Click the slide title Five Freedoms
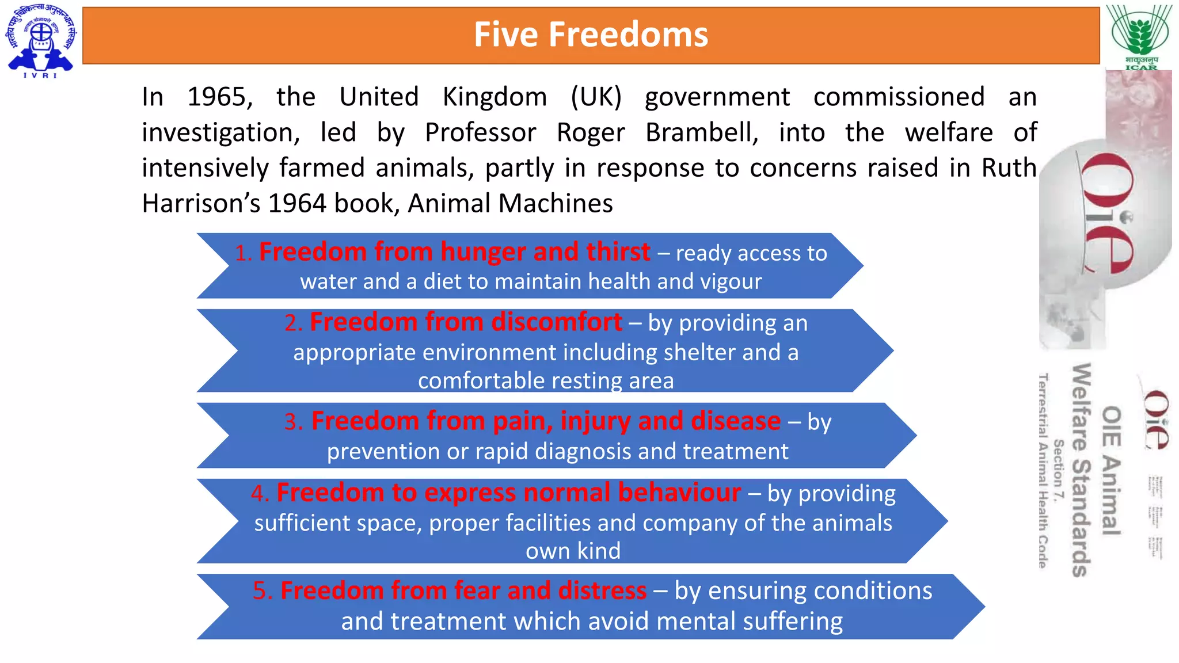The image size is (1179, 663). (x=591, y=35)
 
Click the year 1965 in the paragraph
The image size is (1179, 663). (x=220, y=97)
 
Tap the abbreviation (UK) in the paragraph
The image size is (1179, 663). (x=596, y=97)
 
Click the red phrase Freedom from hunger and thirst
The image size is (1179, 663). (x=455, y=252)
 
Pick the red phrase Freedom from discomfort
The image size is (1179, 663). (x=466, y=322)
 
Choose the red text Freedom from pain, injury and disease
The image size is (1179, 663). (x=546, y=421)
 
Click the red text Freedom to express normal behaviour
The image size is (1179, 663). (x=508, y=493)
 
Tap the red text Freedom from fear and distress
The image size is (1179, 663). (x=463, y=591)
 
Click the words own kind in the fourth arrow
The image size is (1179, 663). (x=573, y=551)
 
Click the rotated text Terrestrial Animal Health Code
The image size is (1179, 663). (x=1043, y=471)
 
